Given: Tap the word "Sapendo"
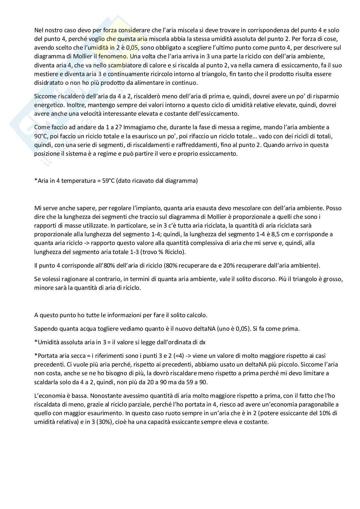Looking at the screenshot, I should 45,329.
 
